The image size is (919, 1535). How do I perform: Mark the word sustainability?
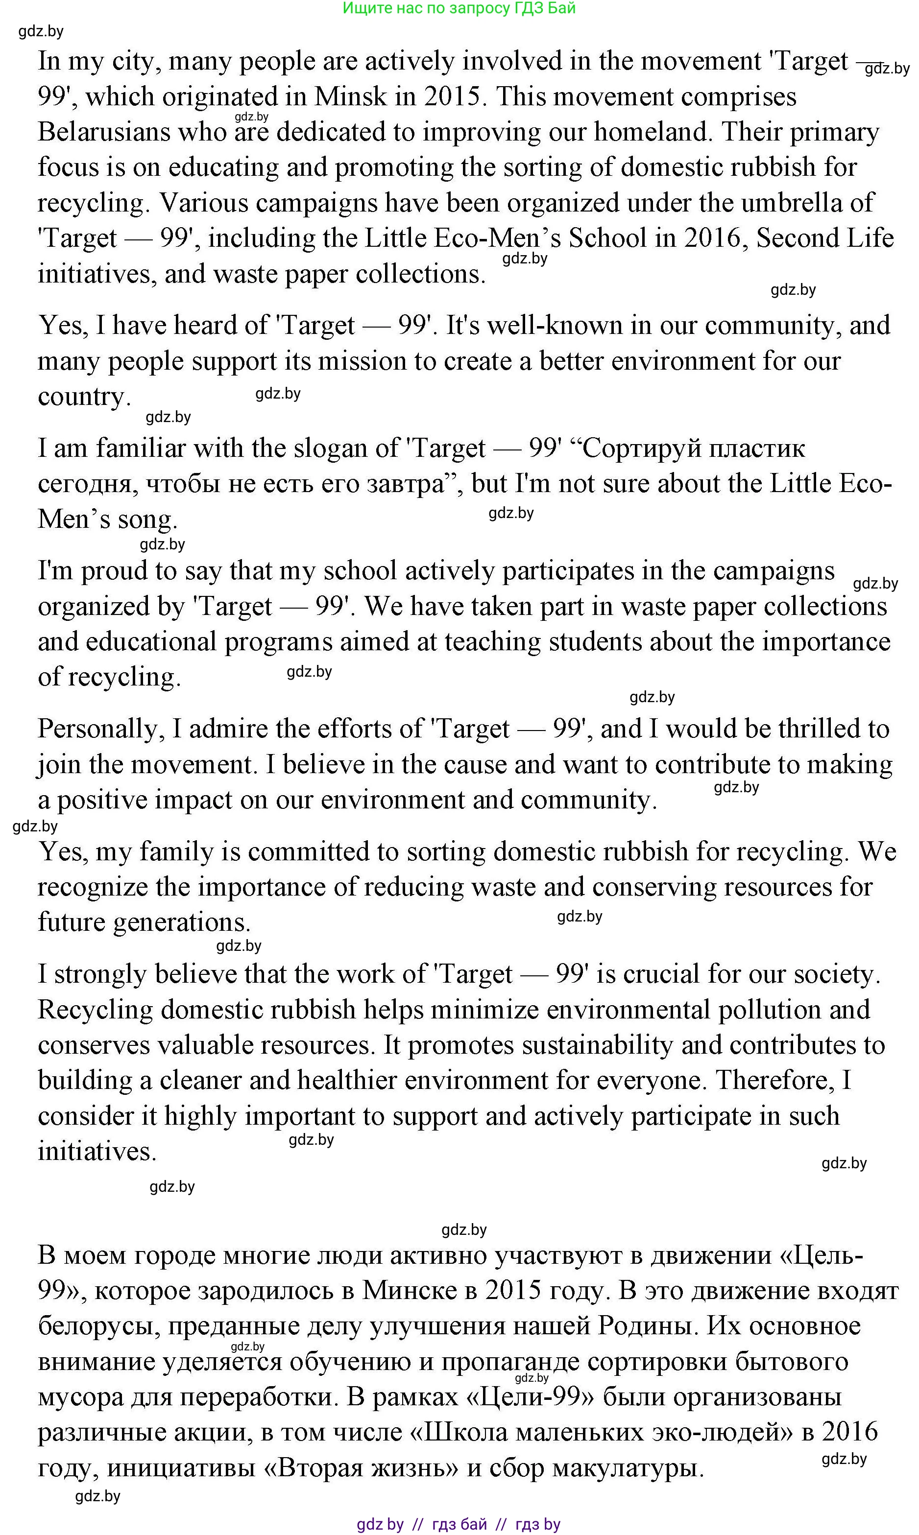click(597, 1045)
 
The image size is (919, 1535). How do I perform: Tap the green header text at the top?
click(459, 8)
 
